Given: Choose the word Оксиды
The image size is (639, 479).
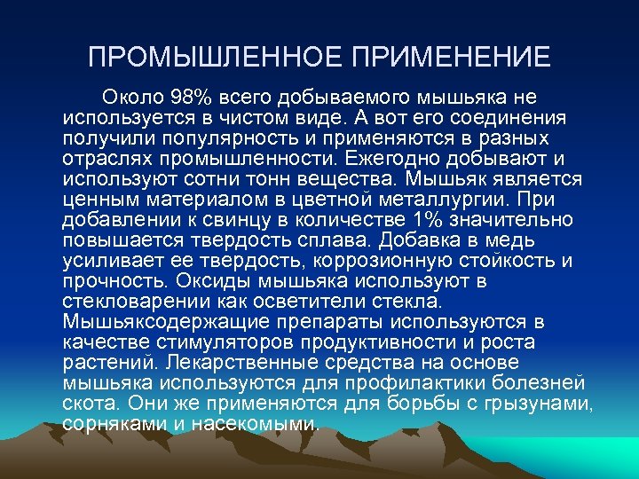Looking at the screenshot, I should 209,281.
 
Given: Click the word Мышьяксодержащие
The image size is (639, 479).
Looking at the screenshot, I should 156,321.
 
